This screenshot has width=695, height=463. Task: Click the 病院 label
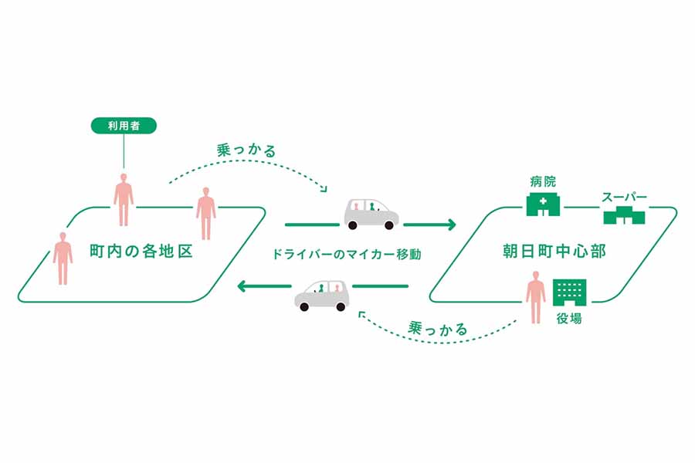click(x=542, y=181)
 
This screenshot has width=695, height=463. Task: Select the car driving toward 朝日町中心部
click(x=371, y=214)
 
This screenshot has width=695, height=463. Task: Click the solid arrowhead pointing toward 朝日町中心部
click(x=449, y=225)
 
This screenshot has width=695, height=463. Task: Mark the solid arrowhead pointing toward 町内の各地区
click(x=243, y=287)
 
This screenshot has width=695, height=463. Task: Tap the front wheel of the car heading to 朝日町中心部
click(x=388, y=225)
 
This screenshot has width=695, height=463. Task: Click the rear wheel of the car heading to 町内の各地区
click(x=339, y=306)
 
